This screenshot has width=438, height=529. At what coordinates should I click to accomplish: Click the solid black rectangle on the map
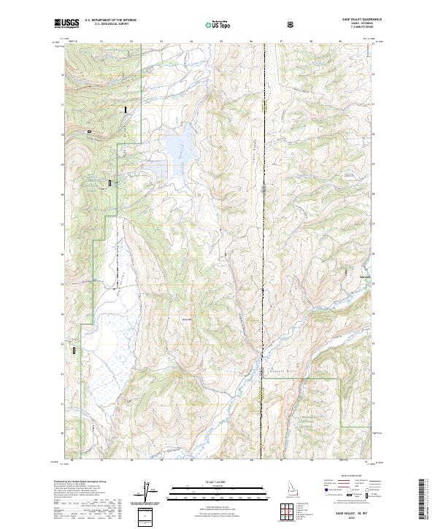pyautogui.click(x=126, y=109)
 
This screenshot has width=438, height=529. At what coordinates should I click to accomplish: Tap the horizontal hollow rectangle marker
pyautogui.click(x=90, y=132)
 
